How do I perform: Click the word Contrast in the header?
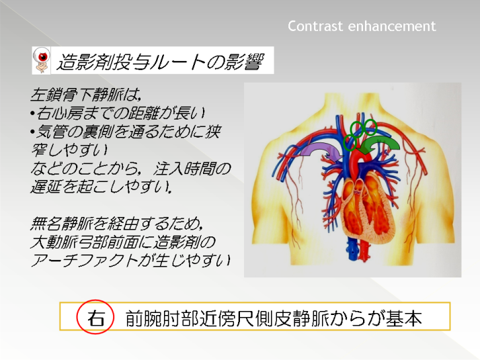(315, 26)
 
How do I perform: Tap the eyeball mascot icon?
(41, 60)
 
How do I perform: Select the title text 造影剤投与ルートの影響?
(160, 62)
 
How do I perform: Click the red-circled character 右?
(95, 317)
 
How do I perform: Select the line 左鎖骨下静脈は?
(86, 95)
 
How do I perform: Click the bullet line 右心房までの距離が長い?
(118, 113)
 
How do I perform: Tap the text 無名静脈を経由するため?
(116, 224)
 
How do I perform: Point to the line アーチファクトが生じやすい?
(130, 261)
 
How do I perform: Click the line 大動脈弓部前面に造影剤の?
(123, 242)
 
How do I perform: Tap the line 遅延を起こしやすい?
(101, 187)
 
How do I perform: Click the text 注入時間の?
(192, 169)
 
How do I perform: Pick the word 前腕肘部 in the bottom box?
(162, 318)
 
